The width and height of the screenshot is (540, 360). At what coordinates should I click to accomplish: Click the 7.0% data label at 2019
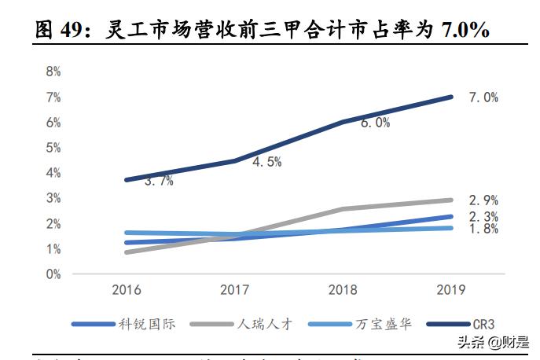(x=483, y=97)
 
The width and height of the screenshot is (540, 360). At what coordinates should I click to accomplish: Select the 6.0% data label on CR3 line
(x=374, y=123)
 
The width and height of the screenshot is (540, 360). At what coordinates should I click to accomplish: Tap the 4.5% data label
(x=266, y=162)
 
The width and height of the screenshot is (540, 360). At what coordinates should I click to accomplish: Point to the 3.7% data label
(x=159, y=181)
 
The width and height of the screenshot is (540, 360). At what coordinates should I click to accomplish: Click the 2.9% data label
(x=483, y=200)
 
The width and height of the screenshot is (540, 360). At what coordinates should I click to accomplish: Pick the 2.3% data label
(x=483, y=216)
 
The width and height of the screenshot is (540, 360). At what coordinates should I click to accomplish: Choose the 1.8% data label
(x=483, y=230)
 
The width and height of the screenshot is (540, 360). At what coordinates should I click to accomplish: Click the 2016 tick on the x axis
(x=126, y=290)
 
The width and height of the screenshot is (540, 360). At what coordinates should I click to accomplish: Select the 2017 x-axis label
(x=233, y=290)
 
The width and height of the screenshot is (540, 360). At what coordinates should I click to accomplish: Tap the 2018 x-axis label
(x=342, y=290)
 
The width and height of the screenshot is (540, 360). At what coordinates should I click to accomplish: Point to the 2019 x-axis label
(x=450, y=290)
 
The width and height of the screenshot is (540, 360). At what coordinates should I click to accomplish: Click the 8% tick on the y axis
(x=53, y=72)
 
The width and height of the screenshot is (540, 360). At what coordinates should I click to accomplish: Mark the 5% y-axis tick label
(x=53, y=148)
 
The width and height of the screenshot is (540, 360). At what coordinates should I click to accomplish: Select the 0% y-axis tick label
(x=53, y=274)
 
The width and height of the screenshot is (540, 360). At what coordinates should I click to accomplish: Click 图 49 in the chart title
(x=59, y=31)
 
